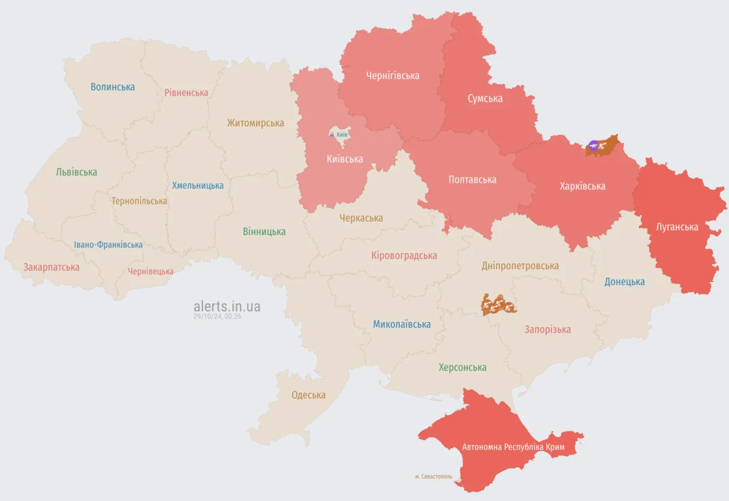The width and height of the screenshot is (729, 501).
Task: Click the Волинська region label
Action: [113, 87]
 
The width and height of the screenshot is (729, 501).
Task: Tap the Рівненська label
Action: [186, 92]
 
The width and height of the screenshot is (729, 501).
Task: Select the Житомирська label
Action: [255, 123]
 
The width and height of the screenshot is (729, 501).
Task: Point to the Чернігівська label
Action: [393, 76]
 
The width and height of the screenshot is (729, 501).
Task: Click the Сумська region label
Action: [485, 98]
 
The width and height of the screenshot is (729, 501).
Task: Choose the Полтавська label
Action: [472, 180]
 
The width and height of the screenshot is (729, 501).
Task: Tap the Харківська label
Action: [582, 186]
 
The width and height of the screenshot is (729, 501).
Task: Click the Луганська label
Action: [677, 227]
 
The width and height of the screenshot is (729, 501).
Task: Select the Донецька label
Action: [625, 282]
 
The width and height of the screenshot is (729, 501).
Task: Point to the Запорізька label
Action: [547, 330]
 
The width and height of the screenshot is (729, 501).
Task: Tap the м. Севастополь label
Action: [433, 476]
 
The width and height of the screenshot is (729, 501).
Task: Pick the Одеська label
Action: [308, 395]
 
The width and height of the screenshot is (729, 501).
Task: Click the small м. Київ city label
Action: [339, 134]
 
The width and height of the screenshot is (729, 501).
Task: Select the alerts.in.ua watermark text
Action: [227, 306]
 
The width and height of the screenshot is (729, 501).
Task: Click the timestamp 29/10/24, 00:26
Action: [217, 317]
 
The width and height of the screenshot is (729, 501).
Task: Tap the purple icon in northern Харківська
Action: [593, 146]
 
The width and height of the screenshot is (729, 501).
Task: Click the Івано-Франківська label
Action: [108, 245]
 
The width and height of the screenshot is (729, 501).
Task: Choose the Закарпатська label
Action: [51, 267]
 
